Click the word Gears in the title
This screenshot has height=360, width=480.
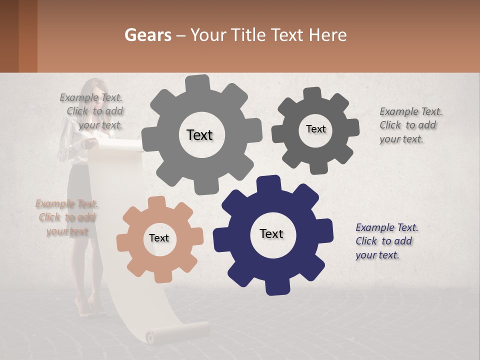[x=147, y=35]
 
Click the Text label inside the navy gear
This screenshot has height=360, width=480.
[x=271, y=233]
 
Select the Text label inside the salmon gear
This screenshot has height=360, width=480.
[x=159, y=238]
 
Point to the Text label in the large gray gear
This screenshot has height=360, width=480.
[x=199, y=135]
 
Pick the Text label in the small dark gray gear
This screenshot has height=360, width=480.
[x=315, y=129]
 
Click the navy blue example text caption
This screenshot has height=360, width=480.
[x=386, y=241]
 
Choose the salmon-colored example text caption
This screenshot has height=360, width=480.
[x=66, y=217]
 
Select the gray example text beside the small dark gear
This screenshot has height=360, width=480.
[x=410, y=125]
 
